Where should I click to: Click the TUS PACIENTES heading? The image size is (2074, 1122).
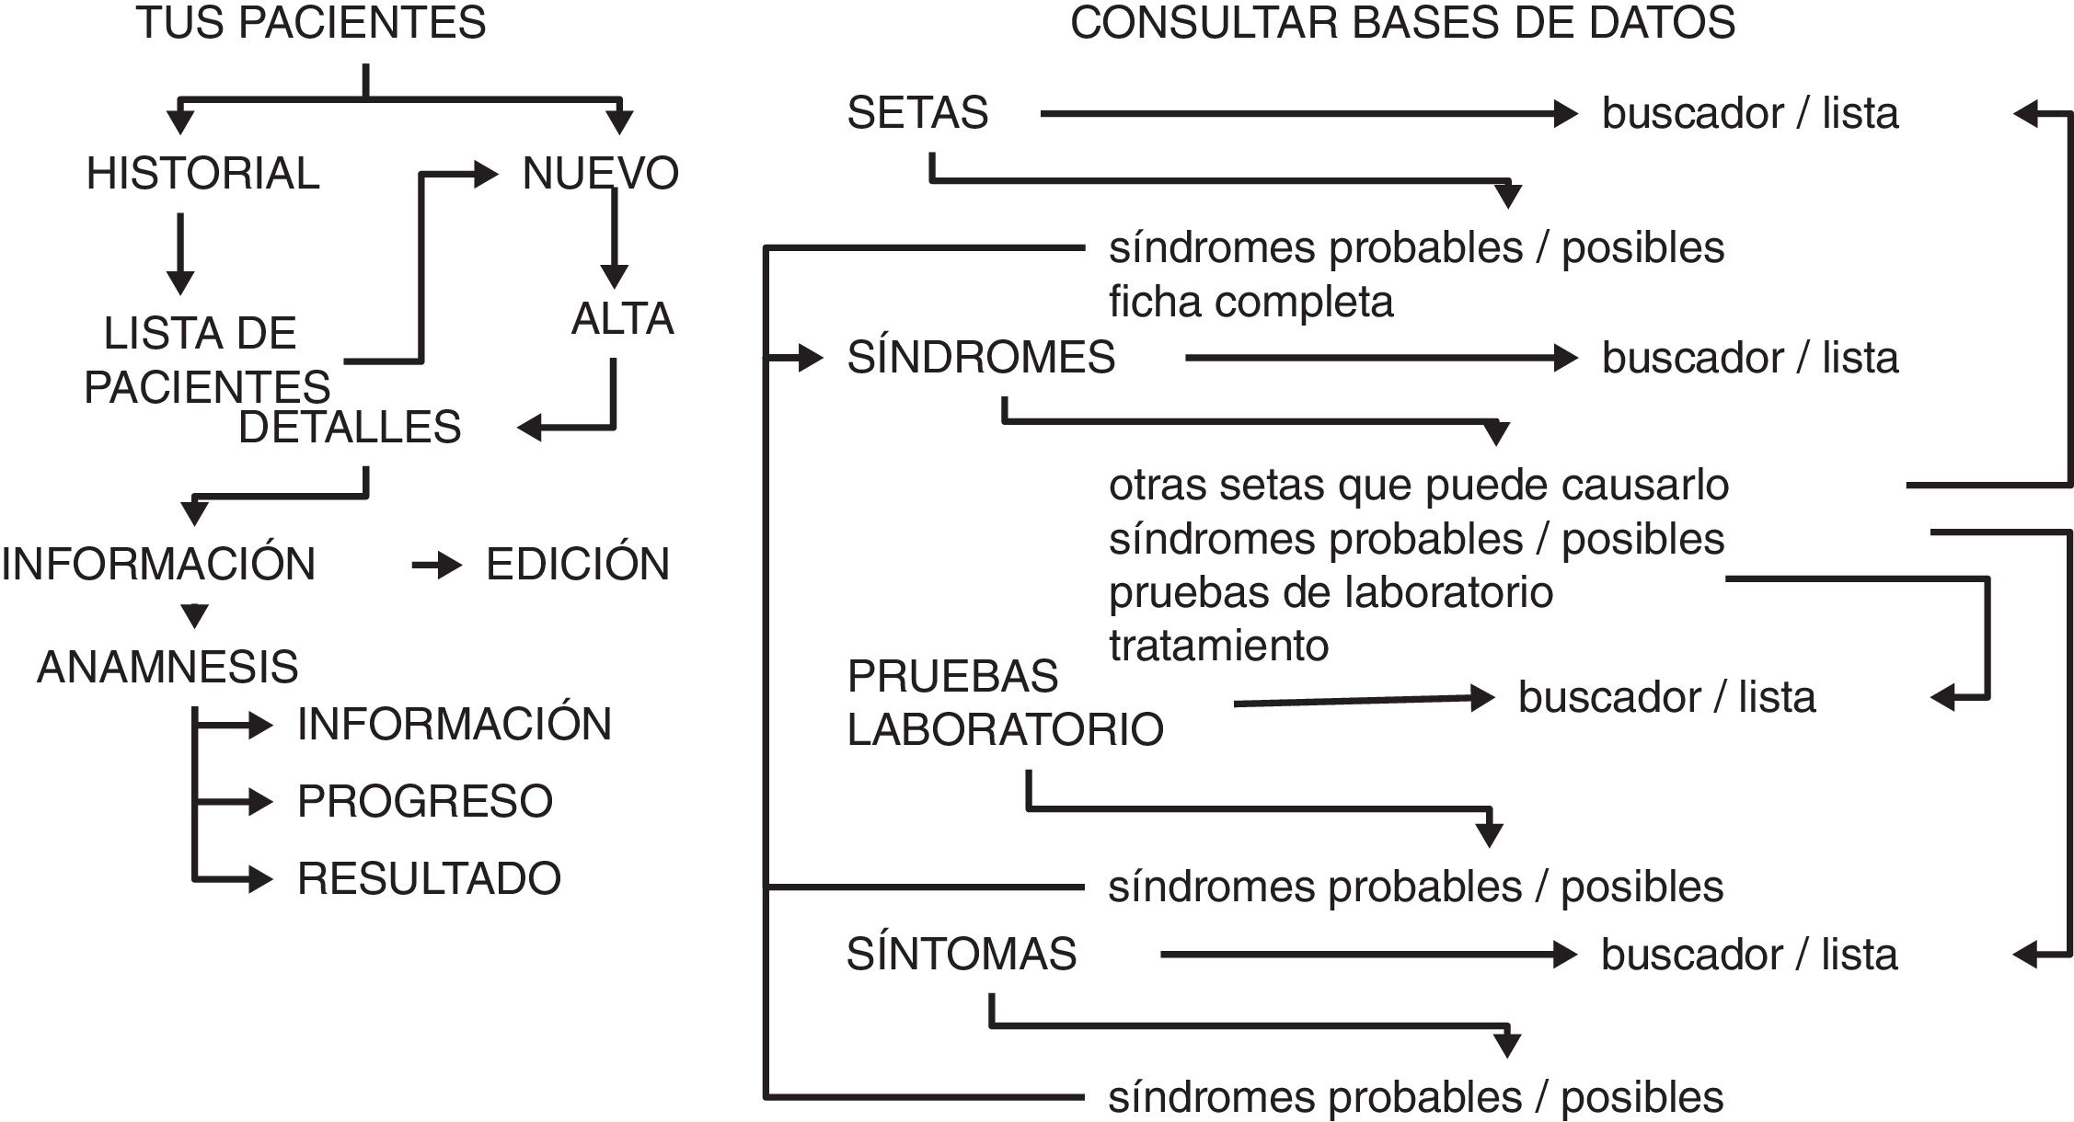click(311, 23)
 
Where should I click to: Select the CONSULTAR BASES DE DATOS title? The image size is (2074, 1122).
click(1402, 23)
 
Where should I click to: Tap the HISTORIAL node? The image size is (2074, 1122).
click(202, 174)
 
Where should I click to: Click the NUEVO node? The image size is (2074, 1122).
click(600, 174)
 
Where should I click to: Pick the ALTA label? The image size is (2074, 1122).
click(622, 319)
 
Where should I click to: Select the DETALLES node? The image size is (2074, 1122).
click(350, 428)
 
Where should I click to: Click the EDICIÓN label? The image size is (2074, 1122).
click(578, 565)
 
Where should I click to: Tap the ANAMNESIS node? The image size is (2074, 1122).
click(167, 667)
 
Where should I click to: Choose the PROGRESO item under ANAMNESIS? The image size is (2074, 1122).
click(424, 802)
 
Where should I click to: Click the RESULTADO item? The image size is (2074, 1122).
click(429, 879)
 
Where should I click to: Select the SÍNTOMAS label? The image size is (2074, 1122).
click(961, 955)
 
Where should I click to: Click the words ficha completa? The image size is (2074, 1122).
click(1250, 303)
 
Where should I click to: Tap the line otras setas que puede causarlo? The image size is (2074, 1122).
click(1418, 486)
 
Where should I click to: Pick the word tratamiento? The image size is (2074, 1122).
click(1218, 646)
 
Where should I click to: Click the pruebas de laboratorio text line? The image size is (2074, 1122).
click(1331, 593)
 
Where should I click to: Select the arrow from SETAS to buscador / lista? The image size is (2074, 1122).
click(1307, 114)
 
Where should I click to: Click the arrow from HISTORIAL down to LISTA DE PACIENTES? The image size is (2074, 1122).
click(180, 253)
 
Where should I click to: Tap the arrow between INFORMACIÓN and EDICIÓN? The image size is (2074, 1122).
click(436, 565)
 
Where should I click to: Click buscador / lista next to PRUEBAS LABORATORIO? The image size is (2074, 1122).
click(1666, 698)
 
